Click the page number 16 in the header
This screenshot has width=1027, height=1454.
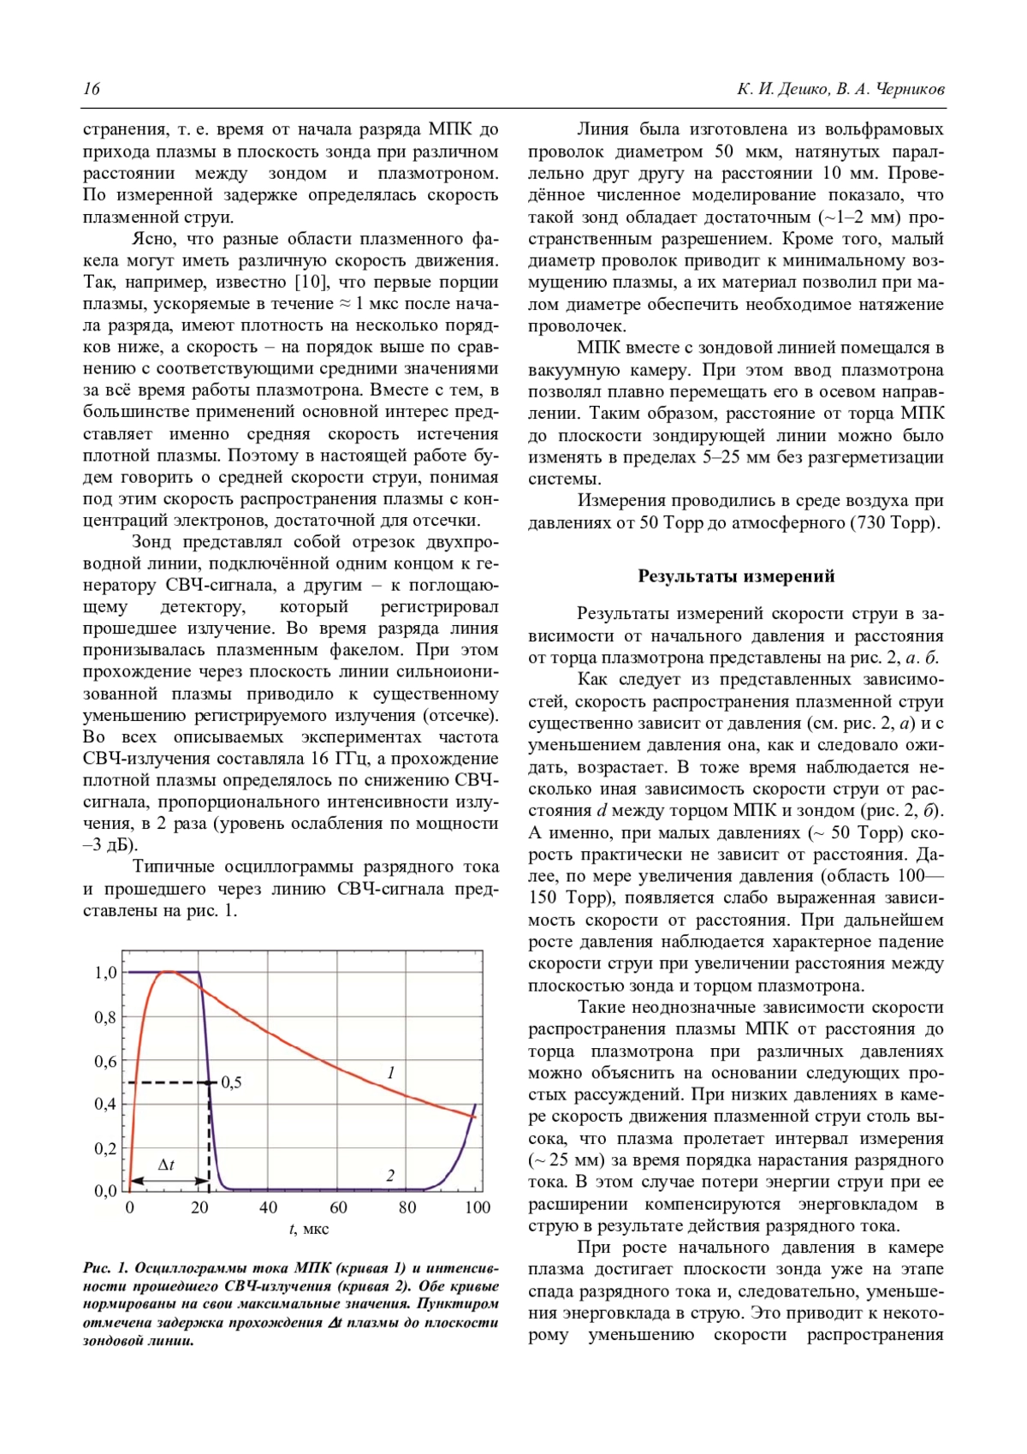tap(92, 89)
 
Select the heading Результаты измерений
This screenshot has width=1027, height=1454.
tap(736, 576)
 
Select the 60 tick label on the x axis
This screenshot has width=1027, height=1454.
tap(338, 1207)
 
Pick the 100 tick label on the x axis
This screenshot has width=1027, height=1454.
tap(477, 1207)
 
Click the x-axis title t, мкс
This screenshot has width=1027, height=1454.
tap(309, 1230)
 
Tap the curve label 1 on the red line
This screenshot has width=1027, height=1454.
tap(391, 1072)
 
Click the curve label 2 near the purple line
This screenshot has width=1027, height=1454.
tap(390, 1176)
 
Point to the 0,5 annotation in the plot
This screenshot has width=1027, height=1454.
tap(231, 1082)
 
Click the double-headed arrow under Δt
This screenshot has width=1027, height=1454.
tap(168, 1181)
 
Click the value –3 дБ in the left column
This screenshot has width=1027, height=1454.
tap(110, 846)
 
